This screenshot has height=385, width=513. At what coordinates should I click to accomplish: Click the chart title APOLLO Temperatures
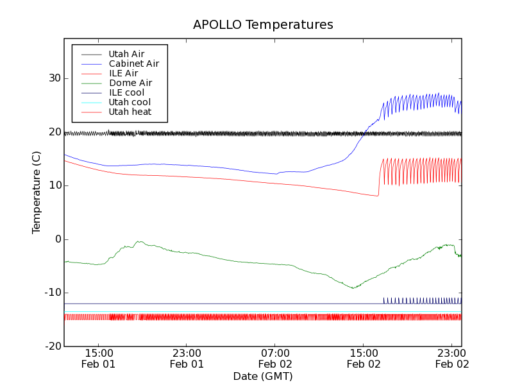click(x=263, y=25)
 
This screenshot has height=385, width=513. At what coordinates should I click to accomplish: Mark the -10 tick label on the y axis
click(x=51, y=293)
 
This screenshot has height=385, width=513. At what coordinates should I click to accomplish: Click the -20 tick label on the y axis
click(x=51, y=346)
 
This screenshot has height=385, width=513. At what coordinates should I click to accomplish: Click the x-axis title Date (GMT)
click(x=263, y=376)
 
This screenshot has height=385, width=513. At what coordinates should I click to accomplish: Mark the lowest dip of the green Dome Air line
click(x=353, y=287)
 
